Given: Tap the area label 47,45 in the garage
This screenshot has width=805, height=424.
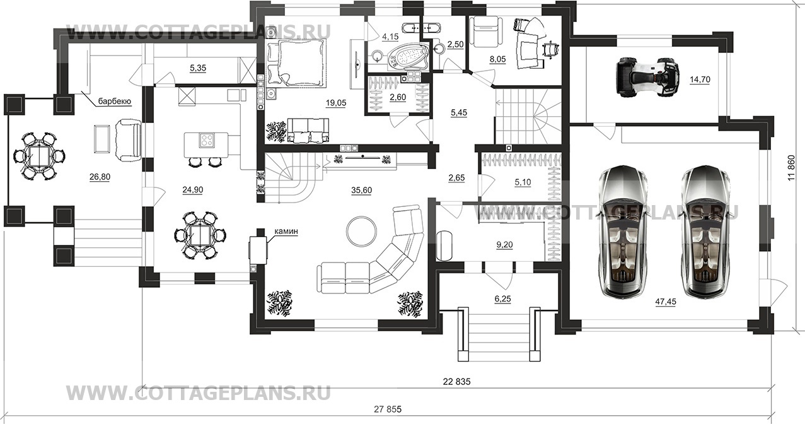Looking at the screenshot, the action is [666, 302].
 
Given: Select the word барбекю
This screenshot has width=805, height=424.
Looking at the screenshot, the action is [115, 102].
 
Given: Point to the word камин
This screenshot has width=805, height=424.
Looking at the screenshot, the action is [286, 231].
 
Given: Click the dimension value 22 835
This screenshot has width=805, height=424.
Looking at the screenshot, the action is [456, 382].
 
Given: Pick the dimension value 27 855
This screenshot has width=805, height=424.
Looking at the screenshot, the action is [388, 409].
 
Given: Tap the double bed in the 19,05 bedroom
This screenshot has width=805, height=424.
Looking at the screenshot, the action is [296, 63].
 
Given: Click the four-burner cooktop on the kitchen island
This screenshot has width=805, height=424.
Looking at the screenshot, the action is [207, 140].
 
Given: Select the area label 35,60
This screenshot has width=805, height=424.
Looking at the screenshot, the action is [362, 191].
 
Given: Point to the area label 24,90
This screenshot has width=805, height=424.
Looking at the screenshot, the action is [193, 189].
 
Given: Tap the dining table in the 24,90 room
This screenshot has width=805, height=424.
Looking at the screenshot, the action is [200, 235].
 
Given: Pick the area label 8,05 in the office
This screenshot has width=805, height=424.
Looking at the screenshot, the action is [497, 60].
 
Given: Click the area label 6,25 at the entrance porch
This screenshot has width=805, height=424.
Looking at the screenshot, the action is [502, 299].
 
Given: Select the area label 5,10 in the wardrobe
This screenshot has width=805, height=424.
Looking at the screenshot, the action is [523, 182].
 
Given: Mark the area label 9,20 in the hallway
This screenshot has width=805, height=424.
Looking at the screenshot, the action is [504, 245].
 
